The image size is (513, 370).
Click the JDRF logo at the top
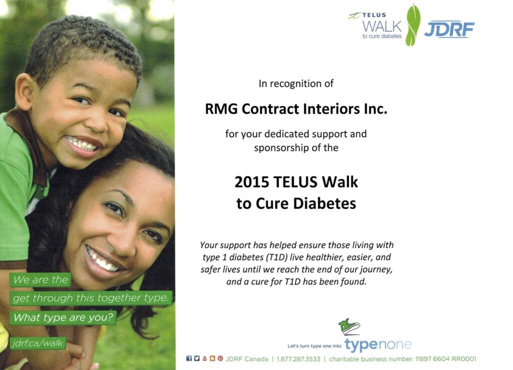[449, 30]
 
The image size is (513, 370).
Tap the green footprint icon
[413, 25]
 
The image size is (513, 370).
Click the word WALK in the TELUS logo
[382, 26]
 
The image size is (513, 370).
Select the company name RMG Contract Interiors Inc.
[296, 109]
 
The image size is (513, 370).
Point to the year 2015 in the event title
[251, 182]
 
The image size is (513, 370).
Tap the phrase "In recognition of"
[296, 84]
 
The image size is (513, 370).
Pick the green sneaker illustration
[349, 326]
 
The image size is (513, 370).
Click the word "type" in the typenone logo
[361, 345]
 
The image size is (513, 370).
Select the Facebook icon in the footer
[189, 358]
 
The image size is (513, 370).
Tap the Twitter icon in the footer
[196, 358]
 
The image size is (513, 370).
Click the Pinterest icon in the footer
[220, 358]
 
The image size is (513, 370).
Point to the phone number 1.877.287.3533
[299, 359]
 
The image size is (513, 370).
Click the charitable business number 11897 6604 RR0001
[445, 359]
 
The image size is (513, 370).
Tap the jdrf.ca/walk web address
[38, 343]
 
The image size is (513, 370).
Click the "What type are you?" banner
[63, 317]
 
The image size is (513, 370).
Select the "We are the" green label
[40, 280]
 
